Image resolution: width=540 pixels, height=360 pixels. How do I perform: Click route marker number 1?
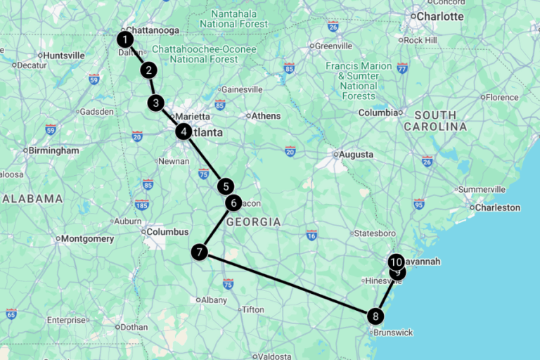(125, 39)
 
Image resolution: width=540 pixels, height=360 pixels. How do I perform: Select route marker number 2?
(148, 70)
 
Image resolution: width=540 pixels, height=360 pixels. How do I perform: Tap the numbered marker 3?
(156, 103)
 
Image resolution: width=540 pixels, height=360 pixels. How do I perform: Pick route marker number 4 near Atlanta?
(184, 131)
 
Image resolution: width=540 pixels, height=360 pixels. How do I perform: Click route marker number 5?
(225, 186)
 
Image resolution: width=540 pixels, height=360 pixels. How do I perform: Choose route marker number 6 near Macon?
(233, 203)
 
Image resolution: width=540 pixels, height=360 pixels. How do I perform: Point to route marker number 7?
(200, 252)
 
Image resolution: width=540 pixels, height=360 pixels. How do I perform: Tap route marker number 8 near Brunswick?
(376, 316)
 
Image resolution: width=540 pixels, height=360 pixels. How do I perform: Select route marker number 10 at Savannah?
(396, 262)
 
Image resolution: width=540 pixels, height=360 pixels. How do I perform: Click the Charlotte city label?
(441, 16)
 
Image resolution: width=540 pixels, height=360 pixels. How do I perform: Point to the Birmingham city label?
(54, 150)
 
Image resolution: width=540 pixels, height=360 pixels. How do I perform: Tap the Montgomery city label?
(88, 239)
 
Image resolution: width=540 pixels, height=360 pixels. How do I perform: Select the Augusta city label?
(356, 155)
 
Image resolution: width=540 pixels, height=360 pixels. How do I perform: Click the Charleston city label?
(497, 207)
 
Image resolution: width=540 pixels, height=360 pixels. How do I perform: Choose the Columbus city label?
(167, 232)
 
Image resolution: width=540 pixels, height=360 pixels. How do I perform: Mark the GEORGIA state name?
(253, 222)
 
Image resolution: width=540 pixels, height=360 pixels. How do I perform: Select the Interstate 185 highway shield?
(141, 205)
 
